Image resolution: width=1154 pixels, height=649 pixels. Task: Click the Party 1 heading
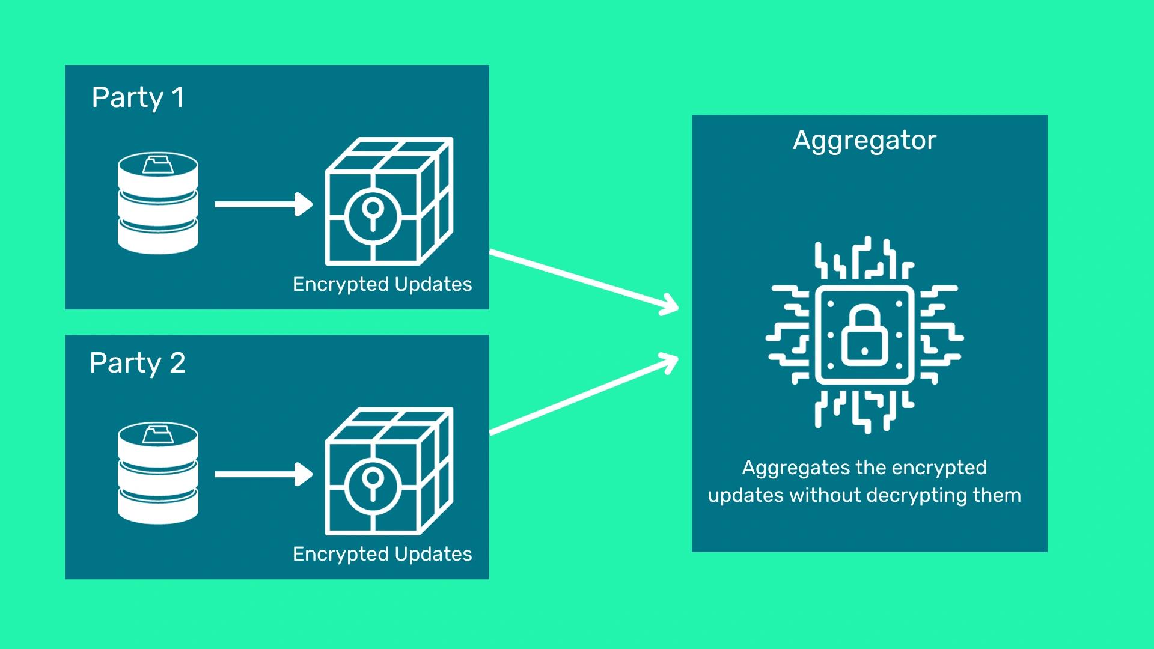tap(138, 97)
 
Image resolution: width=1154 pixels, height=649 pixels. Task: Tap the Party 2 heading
tap(138, 363)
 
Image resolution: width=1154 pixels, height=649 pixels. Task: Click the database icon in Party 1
tap(158, 203)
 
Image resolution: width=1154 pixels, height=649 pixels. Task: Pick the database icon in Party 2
tap(158, 473)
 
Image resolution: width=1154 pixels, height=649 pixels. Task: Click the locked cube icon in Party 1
tap(389, 201)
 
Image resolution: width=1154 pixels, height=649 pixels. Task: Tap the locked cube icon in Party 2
tap(389, 471)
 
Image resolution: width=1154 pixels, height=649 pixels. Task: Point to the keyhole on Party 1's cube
tap(373, 213)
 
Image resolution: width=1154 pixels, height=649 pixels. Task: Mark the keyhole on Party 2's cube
tap(373, 483)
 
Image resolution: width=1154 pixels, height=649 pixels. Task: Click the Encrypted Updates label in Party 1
tap(382, 284)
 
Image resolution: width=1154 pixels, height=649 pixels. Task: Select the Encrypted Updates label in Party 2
tap(382, 554)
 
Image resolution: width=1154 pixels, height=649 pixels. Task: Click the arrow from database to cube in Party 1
tap(263, 204)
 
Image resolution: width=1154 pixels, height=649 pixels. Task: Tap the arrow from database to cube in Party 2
tap(263, 474)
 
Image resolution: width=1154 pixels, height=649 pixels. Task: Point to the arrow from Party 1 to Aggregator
tap(584, 281)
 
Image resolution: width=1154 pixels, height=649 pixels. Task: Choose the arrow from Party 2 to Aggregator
tap(584, 394)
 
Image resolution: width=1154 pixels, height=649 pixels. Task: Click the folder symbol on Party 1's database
tap(157, 164)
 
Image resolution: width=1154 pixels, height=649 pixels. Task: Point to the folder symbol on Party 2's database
tap(157, 434)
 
